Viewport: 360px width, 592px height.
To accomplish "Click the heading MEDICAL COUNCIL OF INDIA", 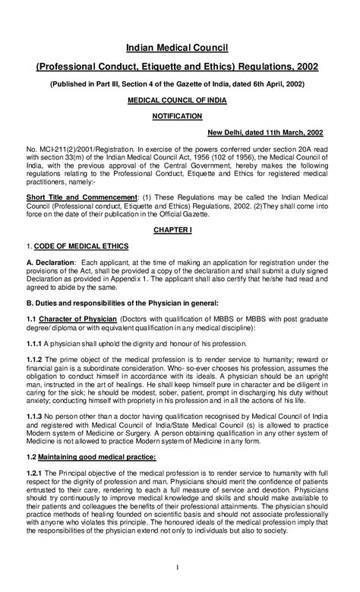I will pos(179,99).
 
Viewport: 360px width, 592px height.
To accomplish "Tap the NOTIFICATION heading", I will pos(179,116).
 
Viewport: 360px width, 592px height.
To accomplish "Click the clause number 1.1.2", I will pos(33,358).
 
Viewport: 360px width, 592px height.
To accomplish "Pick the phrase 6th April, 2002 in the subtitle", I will pos(271,83).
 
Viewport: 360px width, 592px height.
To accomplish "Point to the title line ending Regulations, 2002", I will pos(179,68).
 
